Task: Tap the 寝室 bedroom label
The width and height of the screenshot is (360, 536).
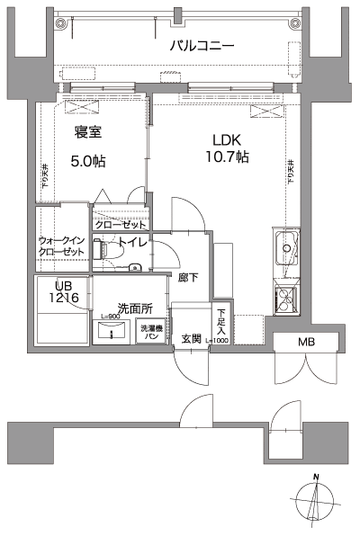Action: (x=87, y=133)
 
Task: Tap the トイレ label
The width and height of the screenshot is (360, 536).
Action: (x=132, y=244)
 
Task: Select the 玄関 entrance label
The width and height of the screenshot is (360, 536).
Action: (x=191, y=339)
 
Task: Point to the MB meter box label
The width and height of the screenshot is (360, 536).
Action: (x=307, y=343)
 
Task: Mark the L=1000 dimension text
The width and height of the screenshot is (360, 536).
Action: (x=219, y=340)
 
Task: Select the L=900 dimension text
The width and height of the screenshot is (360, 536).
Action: (x=112, y=317)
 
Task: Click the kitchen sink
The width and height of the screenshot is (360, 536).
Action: (x=287, y=247)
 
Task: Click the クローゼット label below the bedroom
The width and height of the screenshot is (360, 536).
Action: (x=116, y=225)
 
